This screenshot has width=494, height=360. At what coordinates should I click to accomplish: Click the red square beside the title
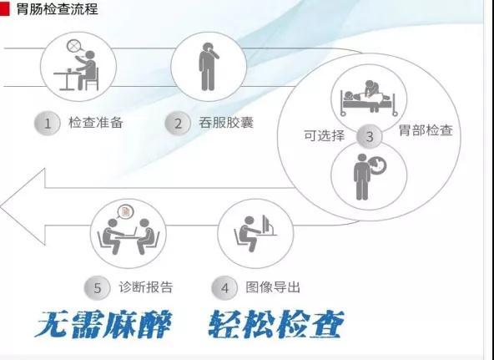coord(4,8)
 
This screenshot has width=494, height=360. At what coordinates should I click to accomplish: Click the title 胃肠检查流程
coord(57,9)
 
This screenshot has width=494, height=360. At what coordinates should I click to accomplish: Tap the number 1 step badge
coord(48,124)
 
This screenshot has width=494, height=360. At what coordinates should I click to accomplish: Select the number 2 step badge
coord(178,124)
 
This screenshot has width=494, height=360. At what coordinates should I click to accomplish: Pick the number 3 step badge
coord(369,136)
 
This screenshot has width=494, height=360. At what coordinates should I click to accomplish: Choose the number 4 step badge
coord(224,288)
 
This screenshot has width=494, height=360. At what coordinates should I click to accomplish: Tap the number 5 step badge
coord(98,288)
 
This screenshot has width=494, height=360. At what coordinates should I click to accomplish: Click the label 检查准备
coord(96,122)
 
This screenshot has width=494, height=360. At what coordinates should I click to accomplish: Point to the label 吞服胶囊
coord(226,122)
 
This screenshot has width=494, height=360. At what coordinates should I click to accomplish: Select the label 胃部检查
coord(426,129)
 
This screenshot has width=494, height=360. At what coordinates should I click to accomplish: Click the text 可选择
coord(324,135)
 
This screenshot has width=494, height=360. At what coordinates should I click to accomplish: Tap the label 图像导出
coord(273,286)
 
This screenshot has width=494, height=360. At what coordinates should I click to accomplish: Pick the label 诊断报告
coord(146,286)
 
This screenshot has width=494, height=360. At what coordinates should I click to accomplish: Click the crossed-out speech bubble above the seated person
coord(74,46)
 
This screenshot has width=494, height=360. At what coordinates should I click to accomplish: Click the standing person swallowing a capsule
coord(209,67)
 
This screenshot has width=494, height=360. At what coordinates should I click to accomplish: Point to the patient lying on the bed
coord(352,96)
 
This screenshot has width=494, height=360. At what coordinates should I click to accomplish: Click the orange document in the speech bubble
coord(126,211)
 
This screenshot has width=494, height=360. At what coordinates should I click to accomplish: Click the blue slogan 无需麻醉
coord(103,324)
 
